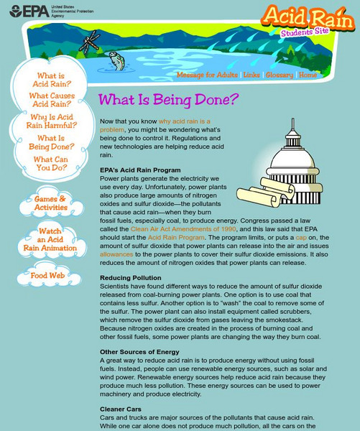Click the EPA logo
point(29,11)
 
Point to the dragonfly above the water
point(89,41)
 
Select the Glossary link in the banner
point(279,75)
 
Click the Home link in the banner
point(308,75)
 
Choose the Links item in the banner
point(251,75)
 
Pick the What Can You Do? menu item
point(50,164)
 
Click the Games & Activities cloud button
point(50,203)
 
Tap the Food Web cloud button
point(47,275)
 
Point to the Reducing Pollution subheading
point(130,277)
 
